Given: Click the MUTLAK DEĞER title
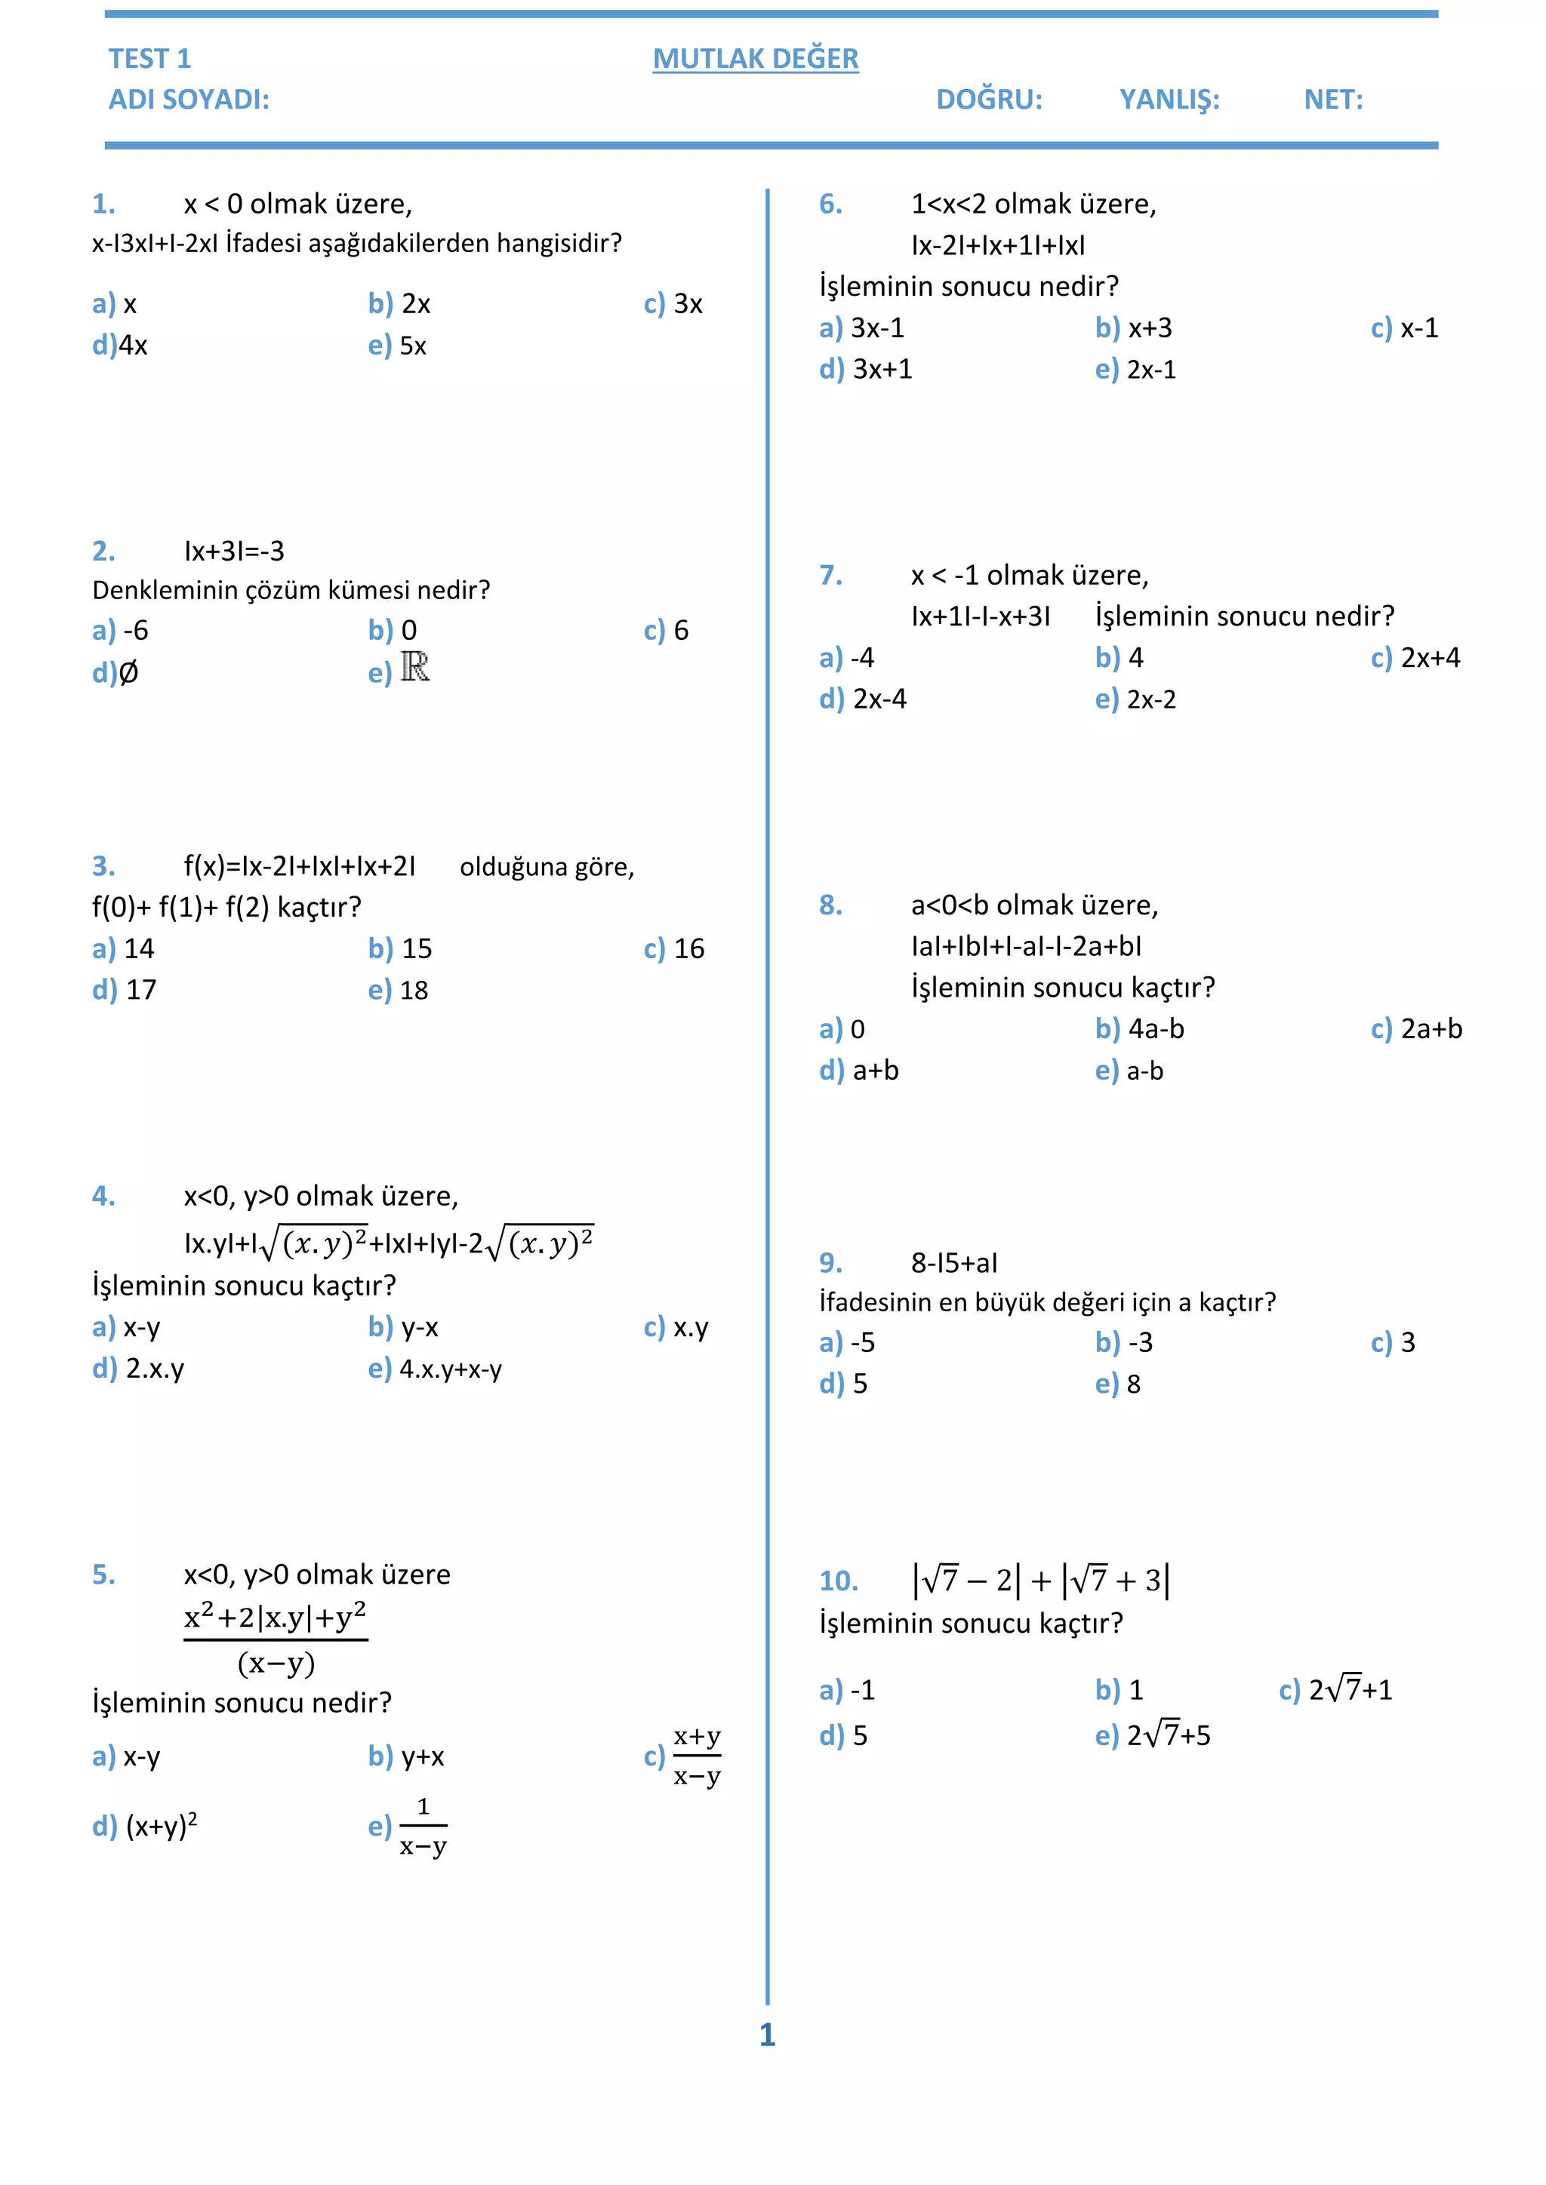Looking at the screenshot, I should [x=755, y=59].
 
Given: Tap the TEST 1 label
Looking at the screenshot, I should [x=149, y=59].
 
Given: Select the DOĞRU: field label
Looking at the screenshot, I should [x=989, y=100].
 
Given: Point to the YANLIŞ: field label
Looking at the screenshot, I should [x=1169, y=100].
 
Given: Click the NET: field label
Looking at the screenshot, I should [x=1333, y=100].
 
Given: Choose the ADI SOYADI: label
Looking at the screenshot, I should [x=189, y=100].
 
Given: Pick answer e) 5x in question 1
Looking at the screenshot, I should [x=398, y=346].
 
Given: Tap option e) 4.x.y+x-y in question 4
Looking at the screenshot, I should [x=436, y=1369].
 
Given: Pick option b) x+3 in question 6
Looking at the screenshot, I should [x=1134, y=328].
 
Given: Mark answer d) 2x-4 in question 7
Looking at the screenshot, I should [x=864, y=699].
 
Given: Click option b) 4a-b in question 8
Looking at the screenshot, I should [x=1140, y=1028].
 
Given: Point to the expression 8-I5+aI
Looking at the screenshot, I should [x=954, y=1263].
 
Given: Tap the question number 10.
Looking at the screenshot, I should [x=839, y=1581].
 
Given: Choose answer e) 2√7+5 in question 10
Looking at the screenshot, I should [x=1153, y=1736].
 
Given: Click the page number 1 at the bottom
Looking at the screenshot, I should [x=767, y=2035].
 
